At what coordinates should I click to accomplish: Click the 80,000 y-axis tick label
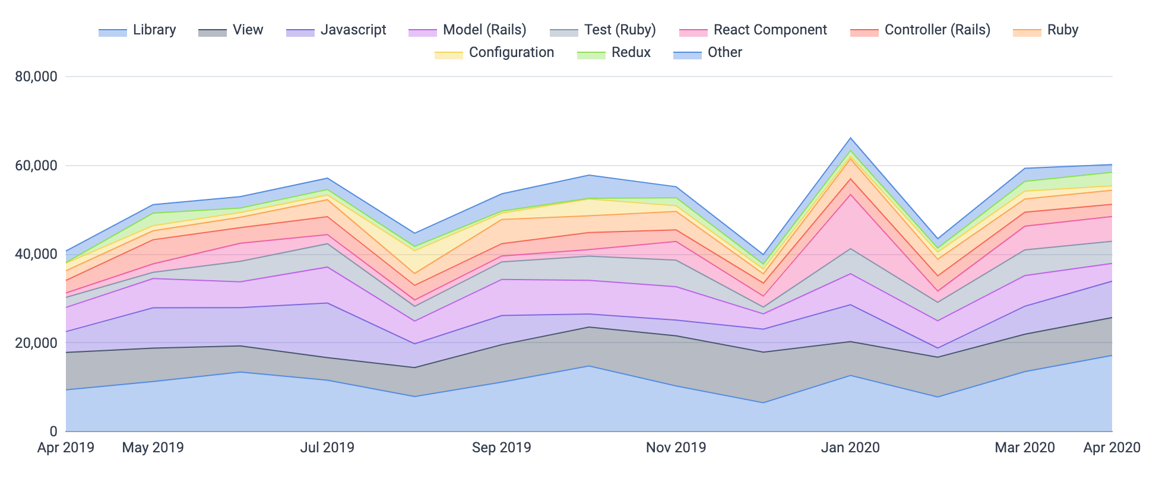click(36, 77)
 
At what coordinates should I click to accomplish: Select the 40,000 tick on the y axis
click(36, 254)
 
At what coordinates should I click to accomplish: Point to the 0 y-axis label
click(53, 432)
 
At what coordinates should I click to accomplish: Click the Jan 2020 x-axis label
click(850, 448)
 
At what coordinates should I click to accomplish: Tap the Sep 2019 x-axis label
click(501, 448)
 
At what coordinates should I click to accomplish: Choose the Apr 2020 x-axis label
click(1111, 448)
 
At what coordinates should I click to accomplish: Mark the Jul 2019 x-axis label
click(327, 448)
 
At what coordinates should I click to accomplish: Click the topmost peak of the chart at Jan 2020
click(850, 138)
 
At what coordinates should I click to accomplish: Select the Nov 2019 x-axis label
click(676, 448)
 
